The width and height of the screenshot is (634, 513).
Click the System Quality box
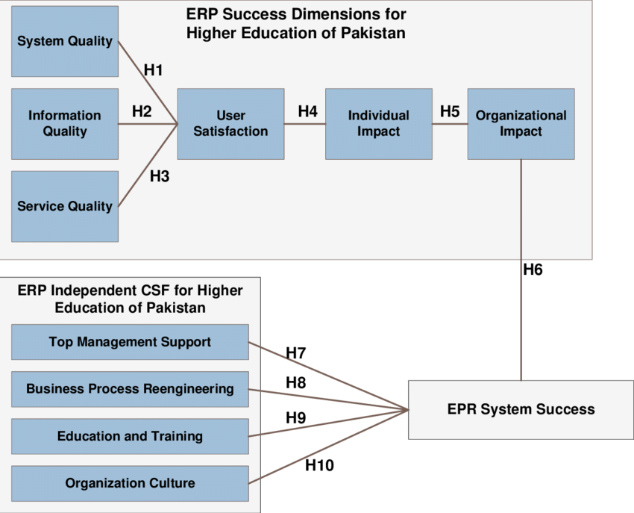click(x=65, y=41)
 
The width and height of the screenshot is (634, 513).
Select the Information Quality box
click(x=65, y=123)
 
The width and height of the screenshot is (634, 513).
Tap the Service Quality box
click(x=65, y=206)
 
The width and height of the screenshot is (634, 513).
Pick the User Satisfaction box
click(x=230, y=123)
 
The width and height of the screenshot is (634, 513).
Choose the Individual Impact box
click(x=378, y=123)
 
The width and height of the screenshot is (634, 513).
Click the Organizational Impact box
click(x=521, y=123)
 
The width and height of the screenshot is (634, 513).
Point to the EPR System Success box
click(x=521, y=409)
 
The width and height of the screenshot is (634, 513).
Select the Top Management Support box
click(x=130, y=342)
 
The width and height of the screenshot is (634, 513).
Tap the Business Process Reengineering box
click(x=130, y=389)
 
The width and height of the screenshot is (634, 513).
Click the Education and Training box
click(x=130, y=436)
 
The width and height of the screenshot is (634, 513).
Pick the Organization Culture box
click(x=130, y=483)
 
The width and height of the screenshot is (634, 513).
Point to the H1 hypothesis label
click(x=153, y=70)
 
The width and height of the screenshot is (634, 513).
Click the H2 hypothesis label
click(x=142, y=111)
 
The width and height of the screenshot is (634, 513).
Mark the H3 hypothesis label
click(x=160, y=177)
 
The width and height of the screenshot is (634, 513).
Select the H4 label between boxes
click(x=307, y=111)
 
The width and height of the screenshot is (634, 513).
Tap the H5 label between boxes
click(x=450, y=111)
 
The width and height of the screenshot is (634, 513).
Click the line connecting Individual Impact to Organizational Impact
click(x=450, y=124)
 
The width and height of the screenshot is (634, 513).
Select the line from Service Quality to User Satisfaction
click(x=147, y=165)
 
